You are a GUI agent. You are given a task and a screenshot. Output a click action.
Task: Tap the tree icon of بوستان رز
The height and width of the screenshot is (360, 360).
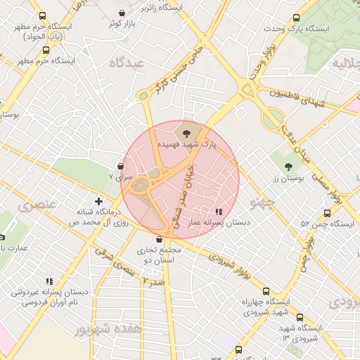click(288, 167)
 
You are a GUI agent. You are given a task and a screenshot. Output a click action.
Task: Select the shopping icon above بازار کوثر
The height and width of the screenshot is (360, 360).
click(123, 13)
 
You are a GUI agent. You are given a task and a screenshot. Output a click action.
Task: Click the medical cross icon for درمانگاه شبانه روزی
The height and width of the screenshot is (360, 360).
click(98, 201)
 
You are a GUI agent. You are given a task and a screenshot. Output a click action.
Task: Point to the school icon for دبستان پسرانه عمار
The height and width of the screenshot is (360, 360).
click(219, 210)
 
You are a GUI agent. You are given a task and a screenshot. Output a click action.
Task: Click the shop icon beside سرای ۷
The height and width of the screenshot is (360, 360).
click(121, 167)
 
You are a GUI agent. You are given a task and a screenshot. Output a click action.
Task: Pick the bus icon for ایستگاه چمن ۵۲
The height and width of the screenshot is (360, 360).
click(327, 213)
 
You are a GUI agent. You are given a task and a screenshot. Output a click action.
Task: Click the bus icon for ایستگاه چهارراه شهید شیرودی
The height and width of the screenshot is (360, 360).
click(265, 291)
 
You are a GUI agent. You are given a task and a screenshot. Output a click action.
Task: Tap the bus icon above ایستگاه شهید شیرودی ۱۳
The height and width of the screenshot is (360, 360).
click(300, 317)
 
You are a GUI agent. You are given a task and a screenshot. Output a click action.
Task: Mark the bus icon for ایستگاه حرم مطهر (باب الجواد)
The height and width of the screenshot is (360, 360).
click(42, 16)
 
